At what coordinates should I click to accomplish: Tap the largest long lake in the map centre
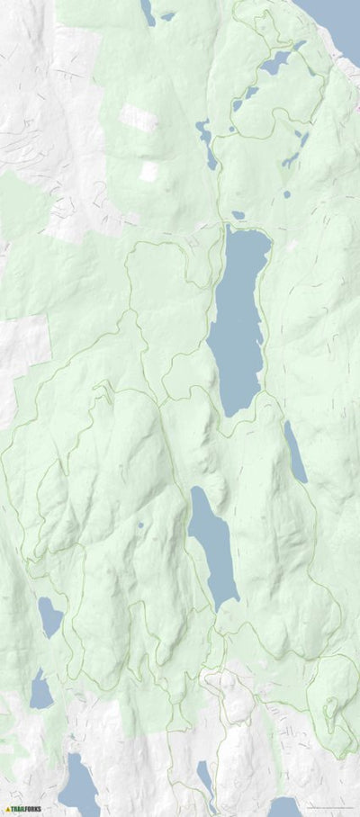pyautogui.click(x=237, y=319)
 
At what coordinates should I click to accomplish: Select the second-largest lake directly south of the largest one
pyautogui.click(x=212, y=544)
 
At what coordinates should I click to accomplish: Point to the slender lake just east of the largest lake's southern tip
pyautogui.click(x=295, y=453)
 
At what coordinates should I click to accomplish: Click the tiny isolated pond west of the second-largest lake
pyautogui.click(x=140, y=525)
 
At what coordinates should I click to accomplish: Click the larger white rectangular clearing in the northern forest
pyautogui.click(x=139, y=118)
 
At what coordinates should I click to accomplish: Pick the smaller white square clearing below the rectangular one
pyautogui.click(x=148, y=171)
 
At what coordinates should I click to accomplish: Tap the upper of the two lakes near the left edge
pyautogui.click(x=49, y=617)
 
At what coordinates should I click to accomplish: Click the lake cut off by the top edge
pyautogui.click(x=147, y=11)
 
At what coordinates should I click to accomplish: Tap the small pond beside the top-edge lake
pyautogui.click(x=167, y=16)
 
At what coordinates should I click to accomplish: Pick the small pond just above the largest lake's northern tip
pyautogui.click(x=238, y=215)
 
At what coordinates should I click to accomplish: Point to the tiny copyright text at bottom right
pyautogui.click(x=328, y=811)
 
